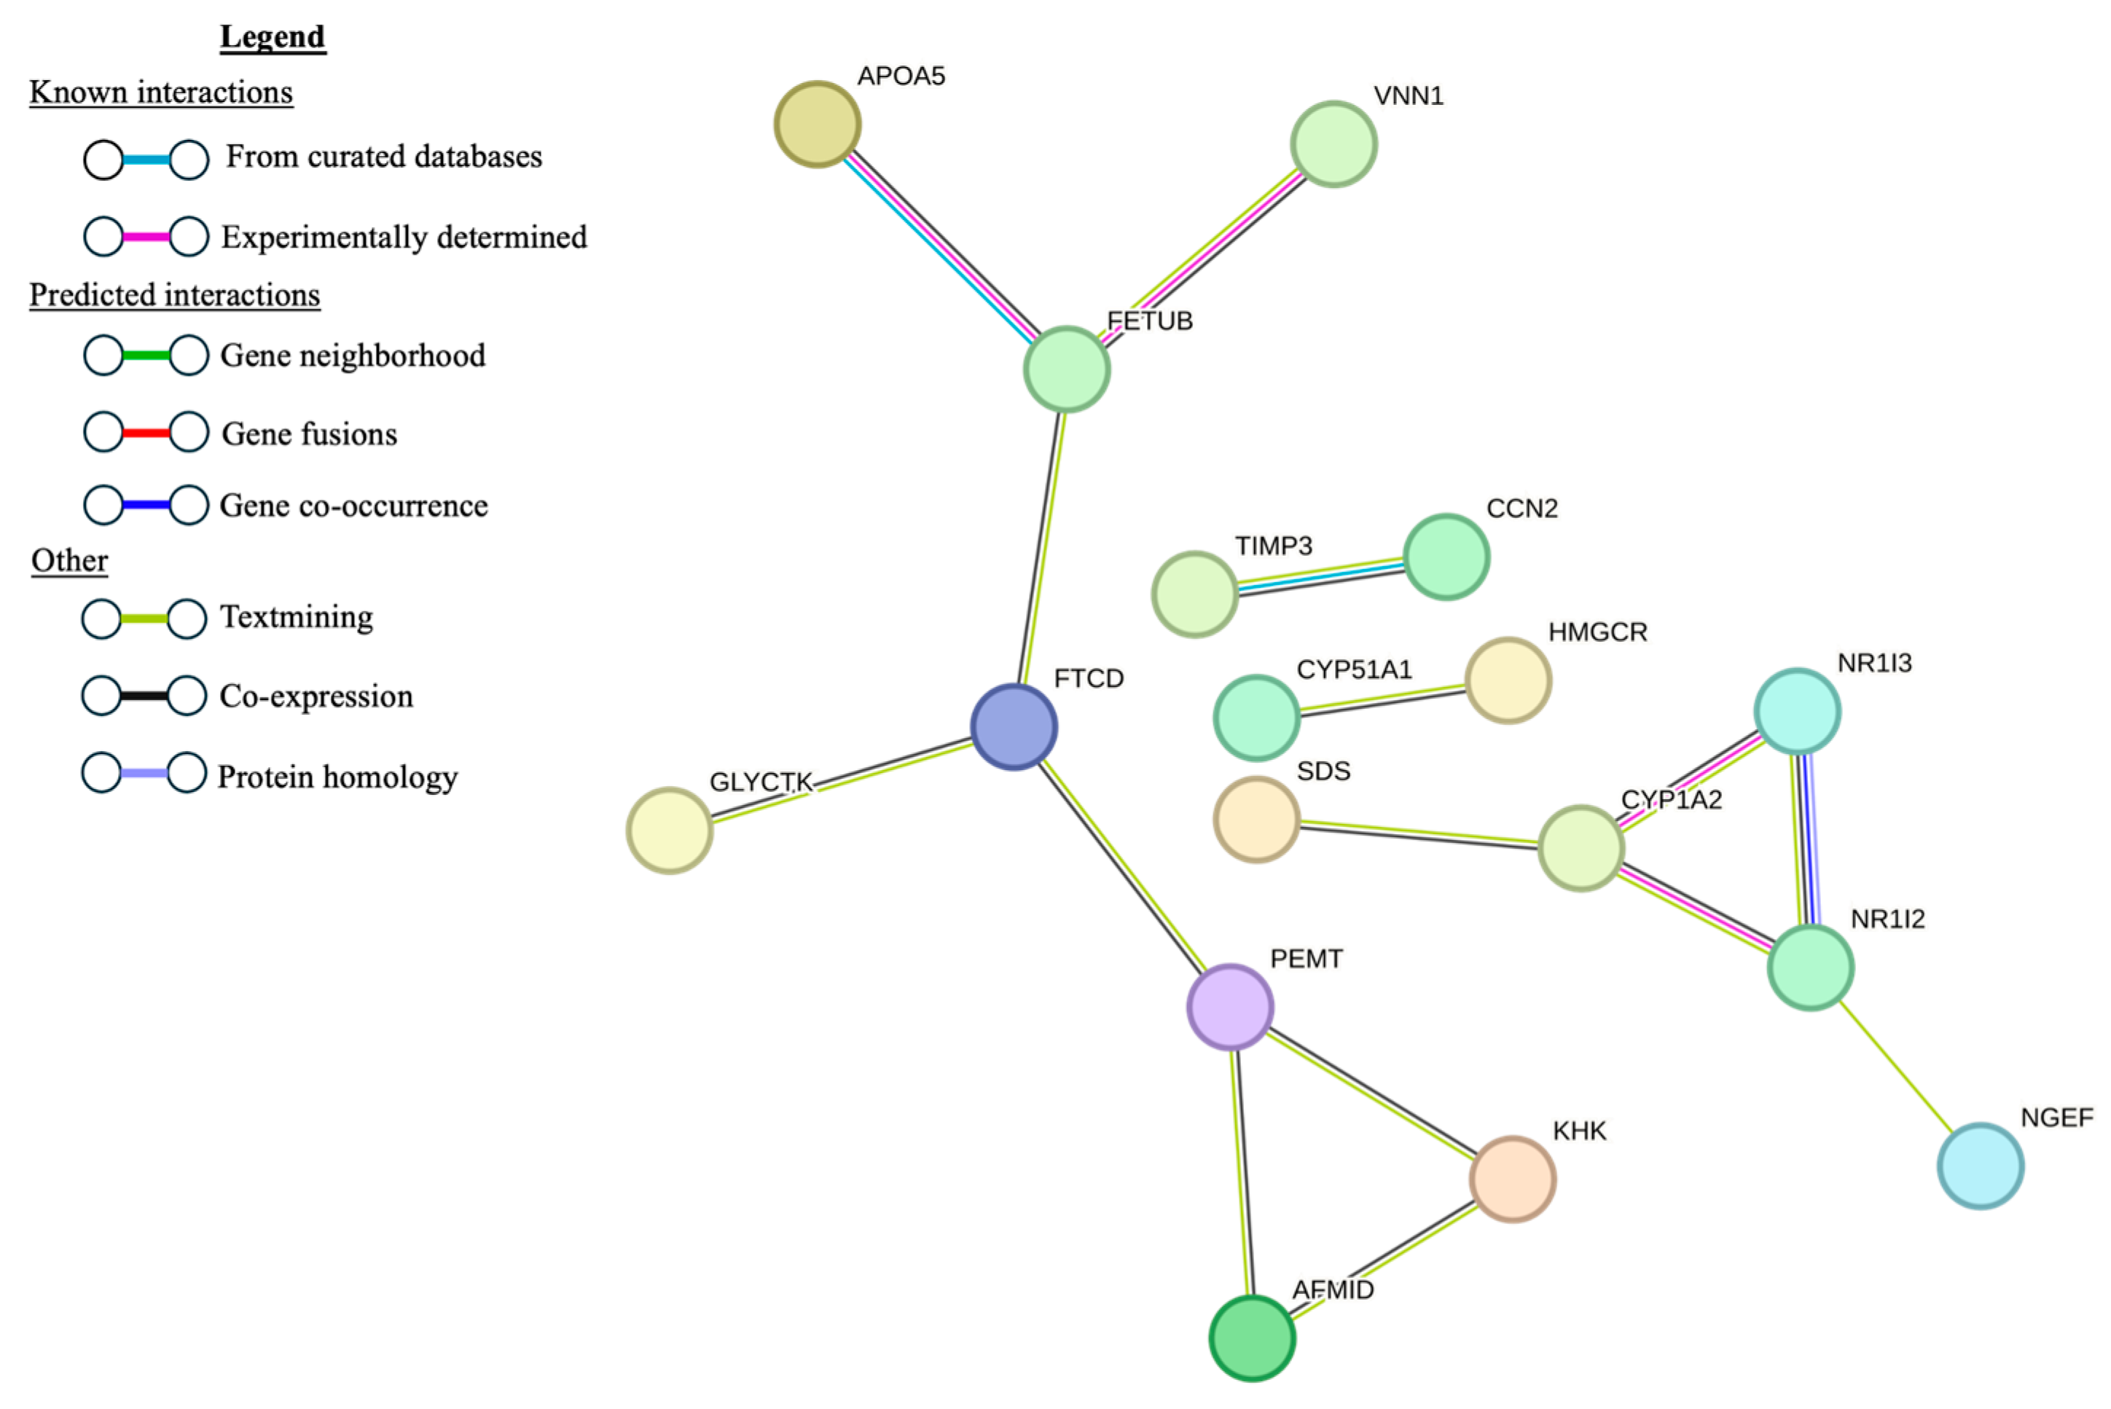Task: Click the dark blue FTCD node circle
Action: (1014, 727)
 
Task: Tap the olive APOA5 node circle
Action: (818, 124)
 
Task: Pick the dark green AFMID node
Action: (1252, 1338)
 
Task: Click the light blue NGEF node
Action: (1981, 1166)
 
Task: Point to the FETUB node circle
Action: (1067, 369)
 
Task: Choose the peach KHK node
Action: (1513, 1179)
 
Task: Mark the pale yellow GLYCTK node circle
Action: (670, 831)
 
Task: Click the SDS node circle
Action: (1256, 820)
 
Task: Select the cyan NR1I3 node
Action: (1798, 711)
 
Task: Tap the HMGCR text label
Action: (1597, 632)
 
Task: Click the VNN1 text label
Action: (1409, 96)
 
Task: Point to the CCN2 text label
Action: (1521, 509)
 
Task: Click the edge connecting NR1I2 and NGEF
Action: (1896, 1067)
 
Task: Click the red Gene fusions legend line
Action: (146, 433)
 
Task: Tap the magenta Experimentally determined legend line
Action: (146, 238)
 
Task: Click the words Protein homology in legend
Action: (338, 777)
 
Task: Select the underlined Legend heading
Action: (273, 37)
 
